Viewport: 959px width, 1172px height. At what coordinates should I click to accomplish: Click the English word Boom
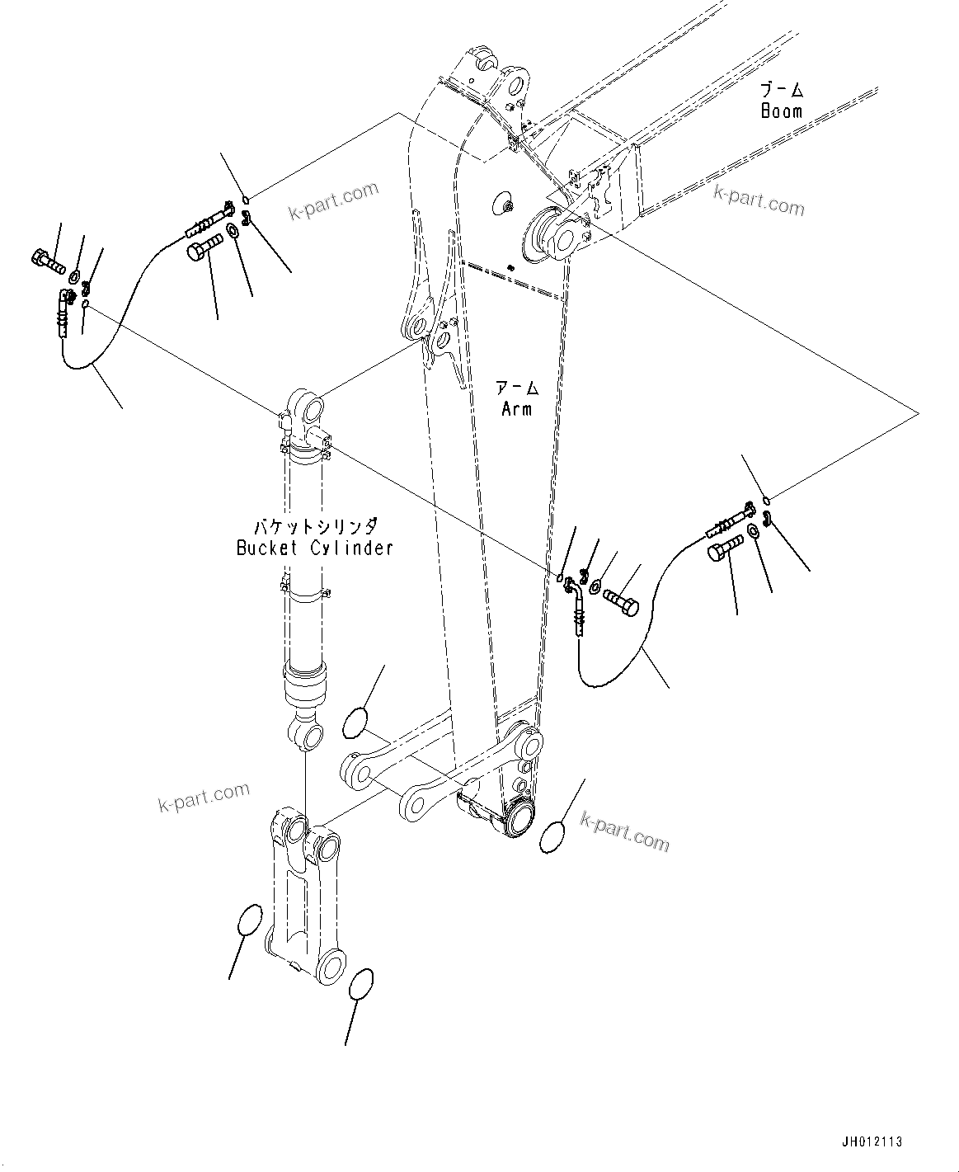tap(781, 111)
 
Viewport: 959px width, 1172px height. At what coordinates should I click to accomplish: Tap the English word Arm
tap(516, 408)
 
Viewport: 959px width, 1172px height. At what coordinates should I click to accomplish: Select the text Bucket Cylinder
tap(314, 548)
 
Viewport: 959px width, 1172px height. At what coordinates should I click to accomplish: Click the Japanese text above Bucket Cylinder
tap(314, 525)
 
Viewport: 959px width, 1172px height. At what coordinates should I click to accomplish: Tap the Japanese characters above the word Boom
tap(782, 89)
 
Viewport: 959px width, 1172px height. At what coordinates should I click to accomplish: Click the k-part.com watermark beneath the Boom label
tap(758, 200)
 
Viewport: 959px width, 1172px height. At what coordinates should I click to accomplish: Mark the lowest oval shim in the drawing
tap(360, 984)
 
